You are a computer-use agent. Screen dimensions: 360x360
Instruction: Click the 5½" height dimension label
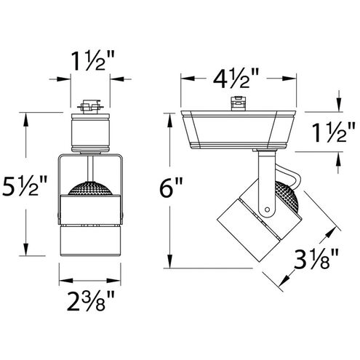(x=24, y=187)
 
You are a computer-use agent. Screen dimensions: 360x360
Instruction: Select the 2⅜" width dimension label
(x=90, y=301)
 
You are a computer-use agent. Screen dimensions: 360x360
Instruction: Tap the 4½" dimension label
(x=236, y=79)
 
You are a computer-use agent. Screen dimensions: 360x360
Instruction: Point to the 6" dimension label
(x=171, y=188)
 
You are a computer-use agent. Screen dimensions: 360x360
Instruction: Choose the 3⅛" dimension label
(x=316, y=259)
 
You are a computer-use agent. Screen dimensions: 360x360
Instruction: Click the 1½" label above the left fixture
(x=92, y=61)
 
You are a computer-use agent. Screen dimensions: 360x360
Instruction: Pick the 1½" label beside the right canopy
(x=334, y=132)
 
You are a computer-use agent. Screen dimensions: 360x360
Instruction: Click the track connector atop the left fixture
(x=90, y=106)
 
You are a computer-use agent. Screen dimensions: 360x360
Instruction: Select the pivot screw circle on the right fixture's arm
(x=267, y=209)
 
